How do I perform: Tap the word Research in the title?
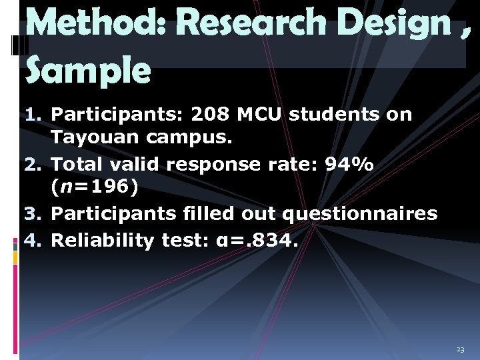pos(246,25)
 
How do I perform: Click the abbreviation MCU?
pos(261,115)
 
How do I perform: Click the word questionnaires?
pos(360,215)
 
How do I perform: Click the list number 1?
pos(33,115)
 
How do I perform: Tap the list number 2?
pos(33,164)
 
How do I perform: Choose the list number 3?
pos(33,215)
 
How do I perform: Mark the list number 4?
pos(33,240)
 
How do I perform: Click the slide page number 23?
pos(460,350)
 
